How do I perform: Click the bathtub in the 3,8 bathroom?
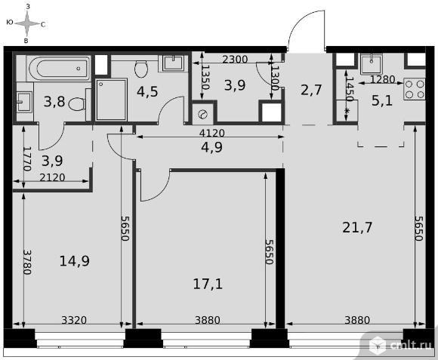pos(59,69)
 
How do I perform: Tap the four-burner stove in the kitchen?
pos(415,89)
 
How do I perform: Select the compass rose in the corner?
pos(26,23)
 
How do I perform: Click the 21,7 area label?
pos(357,228)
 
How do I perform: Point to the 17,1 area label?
pos(208,285)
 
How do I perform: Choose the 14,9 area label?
pos(75,261)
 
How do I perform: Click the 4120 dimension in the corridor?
pos(211,133)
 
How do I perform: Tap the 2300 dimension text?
pos(235,60)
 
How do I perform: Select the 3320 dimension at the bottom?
pos(74,320)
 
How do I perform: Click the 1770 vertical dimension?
pos(27,158)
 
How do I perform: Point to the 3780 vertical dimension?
pos(27,262)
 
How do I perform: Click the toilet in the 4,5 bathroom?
pos(141,69)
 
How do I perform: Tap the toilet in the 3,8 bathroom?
pos(77,104)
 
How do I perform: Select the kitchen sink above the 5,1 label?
pos(371,65)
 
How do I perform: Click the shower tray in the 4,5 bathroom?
pos(111,100)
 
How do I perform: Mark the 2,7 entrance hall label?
pos(311,90)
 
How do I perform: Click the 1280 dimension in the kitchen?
pos(382,80)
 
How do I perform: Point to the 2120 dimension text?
pos(52,177)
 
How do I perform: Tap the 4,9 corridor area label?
pos(211,147)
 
